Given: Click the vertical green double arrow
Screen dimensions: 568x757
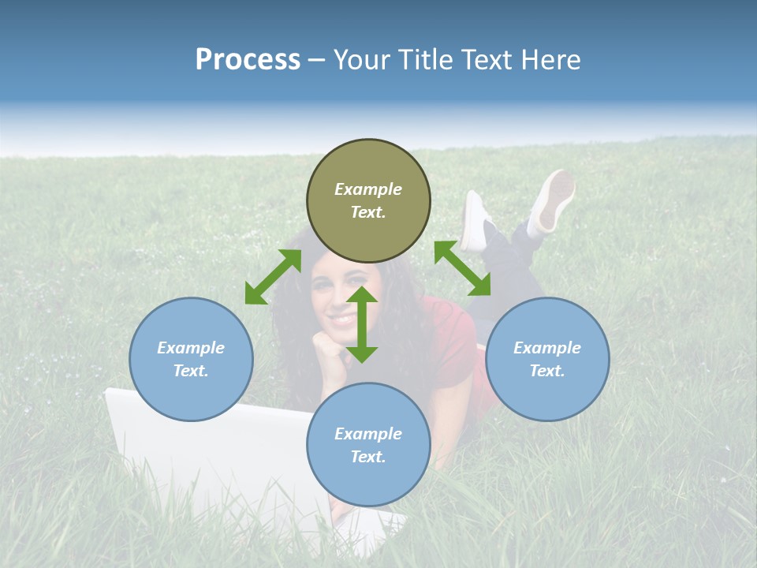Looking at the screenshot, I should pyautogui.click(x=362, y=324).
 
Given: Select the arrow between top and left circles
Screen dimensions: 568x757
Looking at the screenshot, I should pyautogui.click(x=273, y=277).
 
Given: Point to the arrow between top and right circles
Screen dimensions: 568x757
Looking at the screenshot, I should pyautogui.click(x=462, y=268).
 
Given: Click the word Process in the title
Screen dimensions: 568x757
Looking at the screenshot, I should pyautogui.click(x=248, y=60).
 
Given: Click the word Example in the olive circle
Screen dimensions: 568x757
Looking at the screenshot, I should pyautogui.click(x=368, y=189).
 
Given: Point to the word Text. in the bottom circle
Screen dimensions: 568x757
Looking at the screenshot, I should pyautogui.click(x=368, y=457).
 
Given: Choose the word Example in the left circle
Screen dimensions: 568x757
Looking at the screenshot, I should pyautogui.click(x=191, y=348).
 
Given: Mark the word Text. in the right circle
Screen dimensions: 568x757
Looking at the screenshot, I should pyautogui.click(x=547, y=371).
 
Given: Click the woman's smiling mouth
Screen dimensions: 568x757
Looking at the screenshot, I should pyautogui.click(x=341, y=319).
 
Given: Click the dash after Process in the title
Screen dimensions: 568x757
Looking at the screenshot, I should pyautogui.click(x=317, y=61).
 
